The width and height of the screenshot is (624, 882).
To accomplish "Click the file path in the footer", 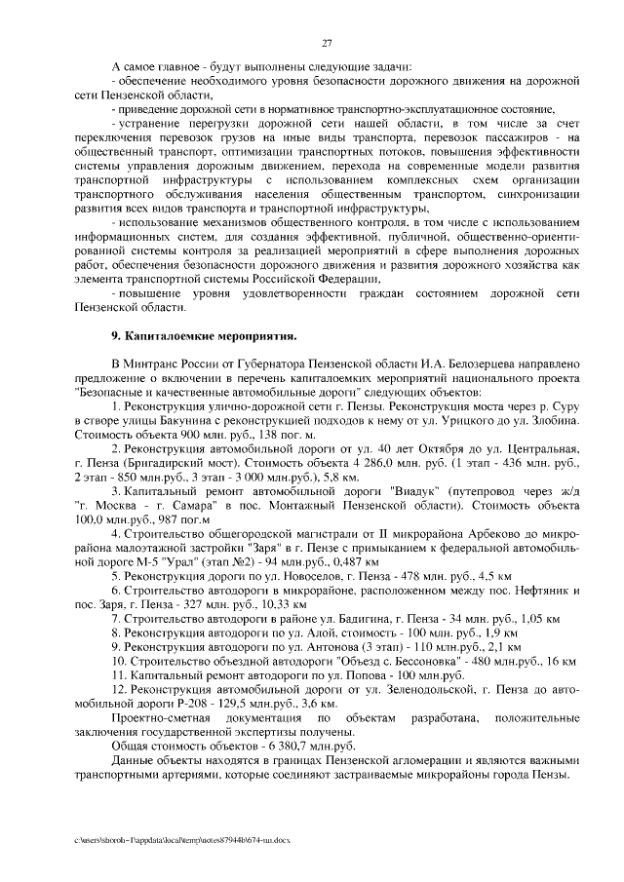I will [x=179, y=839].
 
